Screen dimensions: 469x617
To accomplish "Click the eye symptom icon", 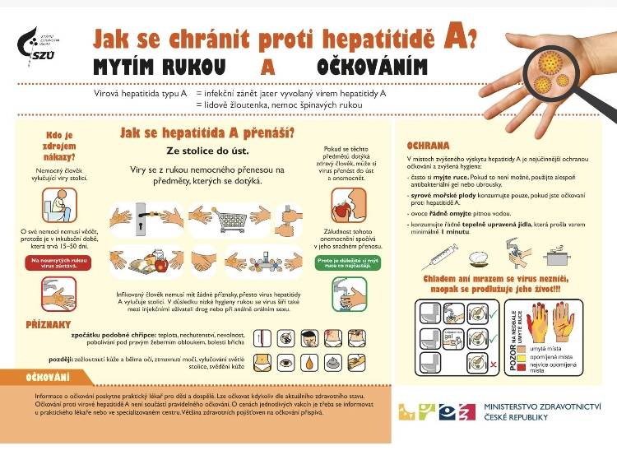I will pos(286,362).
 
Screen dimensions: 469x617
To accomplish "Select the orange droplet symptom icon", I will pos(310,362).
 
